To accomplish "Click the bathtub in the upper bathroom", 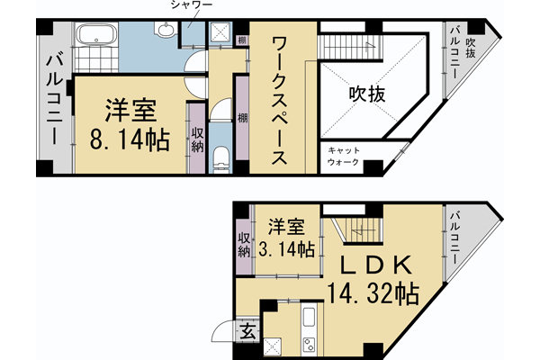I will coord(94,37).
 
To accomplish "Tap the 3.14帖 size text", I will coord(285,249).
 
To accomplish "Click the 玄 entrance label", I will coord(247,330).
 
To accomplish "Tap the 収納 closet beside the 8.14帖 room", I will coord(196,139).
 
